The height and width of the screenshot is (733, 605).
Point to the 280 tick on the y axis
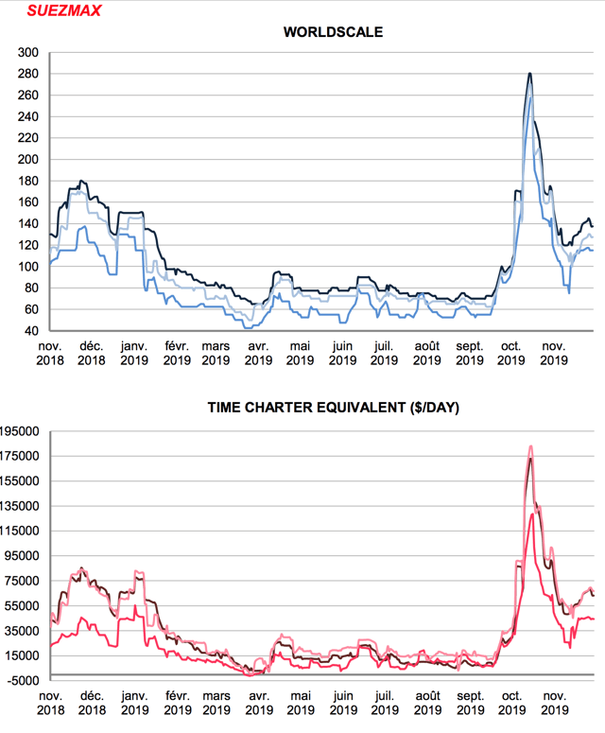pyautogui.click(x=29, y=74)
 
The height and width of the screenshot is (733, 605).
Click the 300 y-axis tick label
pyautogui.click(x=29, y=53)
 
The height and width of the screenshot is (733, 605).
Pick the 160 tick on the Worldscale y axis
pyautogui.click(x=29, y=202)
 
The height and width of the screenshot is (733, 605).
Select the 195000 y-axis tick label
pyautogui.click(x=21, y=431)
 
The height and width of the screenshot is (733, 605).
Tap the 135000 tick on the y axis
pyautogui.click(x=21, y=506)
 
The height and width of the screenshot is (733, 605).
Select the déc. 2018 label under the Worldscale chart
pyautogui.click(x=91, y=353)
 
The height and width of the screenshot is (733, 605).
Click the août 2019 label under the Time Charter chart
pyautogui.click(x=427, y=701)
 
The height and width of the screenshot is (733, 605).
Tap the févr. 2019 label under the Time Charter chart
pyautogui.click(x=175, y=701)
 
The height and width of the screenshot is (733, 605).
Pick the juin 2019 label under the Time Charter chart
pyautogui.click(x=342, y=701)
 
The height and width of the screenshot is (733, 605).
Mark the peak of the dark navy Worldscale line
pyautogui.click(x=529, y=74)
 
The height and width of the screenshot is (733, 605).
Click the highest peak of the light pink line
pyautogui.click(x=530, y=446)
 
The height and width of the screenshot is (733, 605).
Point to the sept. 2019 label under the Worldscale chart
pyautogui.click(x=469, y=353)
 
